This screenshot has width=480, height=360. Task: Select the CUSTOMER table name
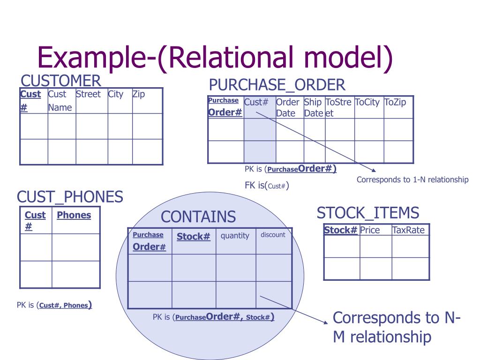click(x=61, y=80)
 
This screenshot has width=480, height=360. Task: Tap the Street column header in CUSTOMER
click(x=88, y=94)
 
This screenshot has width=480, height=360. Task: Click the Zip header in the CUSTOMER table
click(x=139, y=94)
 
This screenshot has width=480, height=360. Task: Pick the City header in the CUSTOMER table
click(x=115, y=94)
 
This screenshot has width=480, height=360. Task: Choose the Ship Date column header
click(x=314, y=107)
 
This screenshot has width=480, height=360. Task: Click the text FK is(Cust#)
click(x=267, y=185)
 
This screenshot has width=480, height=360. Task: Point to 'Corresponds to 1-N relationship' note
click(x=412, y=180)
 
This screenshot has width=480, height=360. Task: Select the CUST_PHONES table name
click(x=70, y=197)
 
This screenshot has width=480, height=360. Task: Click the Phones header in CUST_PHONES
click(x=74, y=215)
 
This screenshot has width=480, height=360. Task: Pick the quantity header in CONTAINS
click(x=235, y=235)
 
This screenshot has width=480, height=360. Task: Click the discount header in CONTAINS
click(x=273, y=234)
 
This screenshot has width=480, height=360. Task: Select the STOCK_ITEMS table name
click(x=368, y=213)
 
